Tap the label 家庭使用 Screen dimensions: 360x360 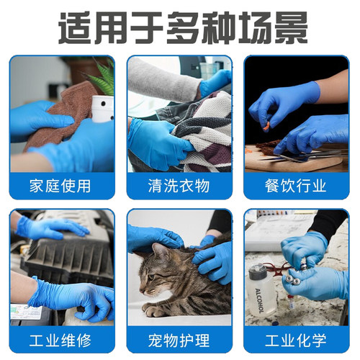pyautogui.click(x=61, y=186)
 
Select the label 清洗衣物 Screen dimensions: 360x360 pyautogui.click(x=179, y=186)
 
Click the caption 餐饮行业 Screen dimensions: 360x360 pyautogui.click(x=297, y=186)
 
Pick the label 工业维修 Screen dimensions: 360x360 pyautogui.click(x=61, y=339)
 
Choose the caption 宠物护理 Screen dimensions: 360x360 pyautogui.click(x=179, y=339)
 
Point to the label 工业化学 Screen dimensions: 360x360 pyautogui.click(x=297, y=339)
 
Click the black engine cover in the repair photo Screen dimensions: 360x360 pyautogui.click(x=61, y=256)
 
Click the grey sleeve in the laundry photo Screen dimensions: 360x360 pyautogui.click(x=162, y=83)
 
